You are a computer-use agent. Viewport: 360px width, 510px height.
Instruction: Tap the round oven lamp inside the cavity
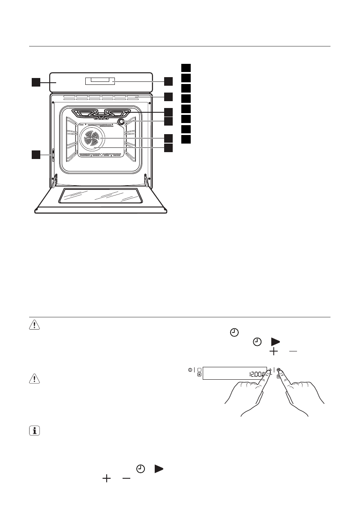121,122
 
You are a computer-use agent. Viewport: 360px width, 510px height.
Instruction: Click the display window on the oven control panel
100,81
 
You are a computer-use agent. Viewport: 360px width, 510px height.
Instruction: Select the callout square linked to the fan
168,138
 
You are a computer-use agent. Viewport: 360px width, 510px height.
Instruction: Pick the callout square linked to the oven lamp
168,121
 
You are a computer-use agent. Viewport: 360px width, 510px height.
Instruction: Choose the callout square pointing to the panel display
168,81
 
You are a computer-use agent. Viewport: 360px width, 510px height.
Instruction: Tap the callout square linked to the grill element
168,111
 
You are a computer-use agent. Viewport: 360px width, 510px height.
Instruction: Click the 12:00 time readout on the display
256,374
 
